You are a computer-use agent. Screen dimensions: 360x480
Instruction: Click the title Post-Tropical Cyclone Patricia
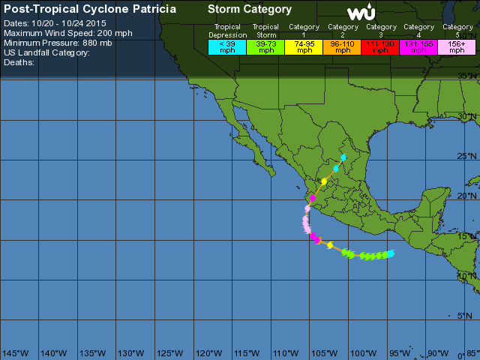(x=91, y=9)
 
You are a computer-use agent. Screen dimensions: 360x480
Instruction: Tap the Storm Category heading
(x=249, y=9)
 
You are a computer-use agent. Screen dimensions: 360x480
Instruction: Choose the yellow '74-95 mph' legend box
(x=304, y=46)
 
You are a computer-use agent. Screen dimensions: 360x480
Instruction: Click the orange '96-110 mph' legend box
(x=343, y=46)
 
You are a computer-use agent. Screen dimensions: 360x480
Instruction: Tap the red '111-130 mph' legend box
(x=382, y=46)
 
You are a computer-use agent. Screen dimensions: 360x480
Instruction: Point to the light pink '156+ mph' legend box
(x=457, y=46)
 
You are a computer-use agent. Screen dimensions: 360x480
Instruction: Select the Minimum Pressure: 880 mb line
(x=58, y=43)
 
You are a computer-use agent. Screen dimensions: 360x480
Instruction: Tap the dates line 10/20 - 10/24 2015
(x=55, y=23)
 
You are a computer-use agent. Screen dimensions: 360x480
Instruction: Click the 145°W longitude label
(x=14, y=353)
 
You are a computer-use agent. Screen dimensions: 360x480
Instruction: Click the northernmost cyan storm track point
(x=343, y=157)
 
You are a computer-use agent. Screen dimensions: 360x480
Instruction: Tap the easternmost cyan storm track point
(x=390, y=253)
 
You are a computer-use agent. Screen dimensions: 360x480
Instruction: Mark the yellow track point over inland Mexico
(x=324, y=181)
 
